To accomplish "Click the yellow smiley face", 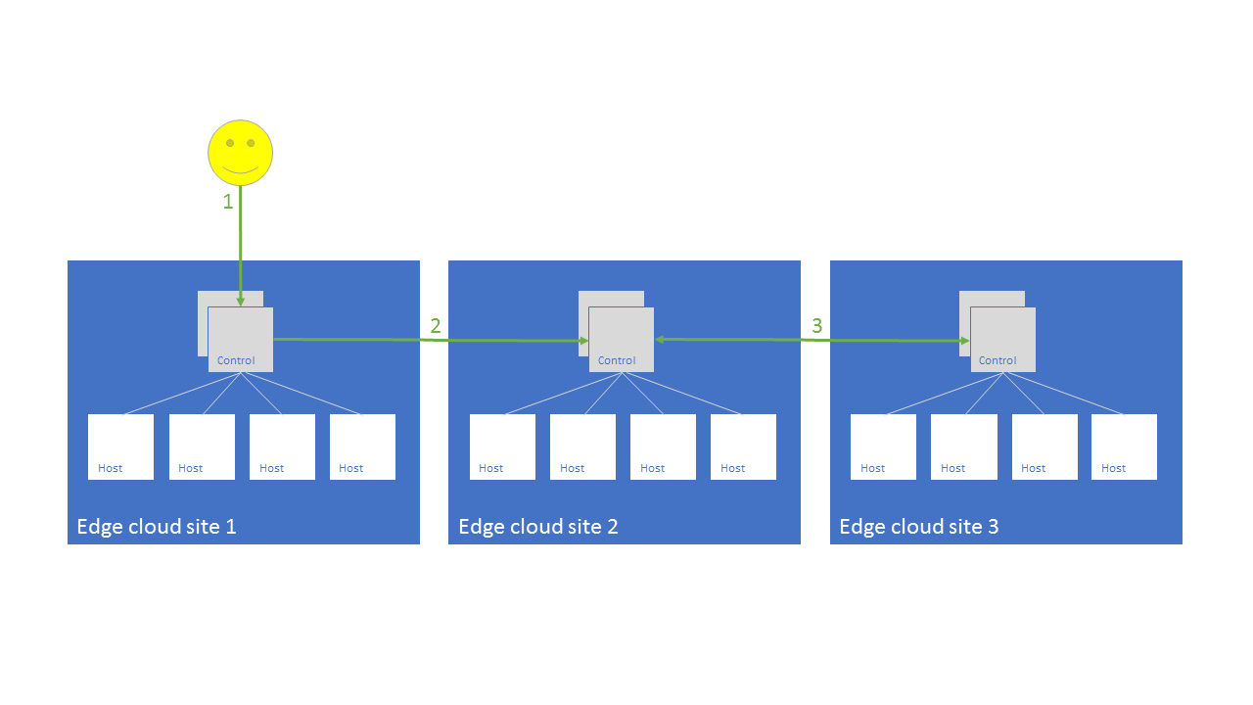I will coord(240,153).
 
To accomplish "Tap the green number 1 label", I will coord(228,202).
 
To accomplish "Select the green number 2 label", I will coord(436,326).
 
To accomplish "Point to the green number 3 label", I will coord(817,326).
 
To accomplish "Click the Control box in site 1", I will coord(241,340).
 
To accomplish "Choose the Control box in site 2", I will coord(621,340).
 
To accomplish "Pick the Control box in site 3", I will coord(1002,340).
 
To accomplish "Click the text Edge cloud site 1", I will coord(157,527).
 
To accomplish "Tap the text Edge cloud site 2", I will coord(538,527).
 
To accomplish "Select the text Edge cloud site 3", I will coord(919,527).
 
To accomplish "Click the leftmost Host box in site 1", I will coord(120,446).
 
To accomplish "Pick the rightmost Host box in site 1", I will coord(362,446).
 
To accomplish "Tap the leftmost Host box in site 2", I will coord(502,446).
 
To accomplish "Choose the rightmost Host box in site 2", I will coord(743,446).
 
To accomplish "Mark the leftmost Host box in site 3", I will coord(883,446).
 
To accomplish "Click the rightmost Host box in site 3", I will coord(1124,446).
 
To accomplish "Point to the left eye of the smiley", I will coord(230,143).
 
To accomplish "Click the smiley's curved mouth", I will coord(240,171).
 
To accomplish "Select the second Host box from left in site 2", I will coord(582,446).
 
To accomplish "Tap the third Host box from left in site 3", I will coord(1044,446).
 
